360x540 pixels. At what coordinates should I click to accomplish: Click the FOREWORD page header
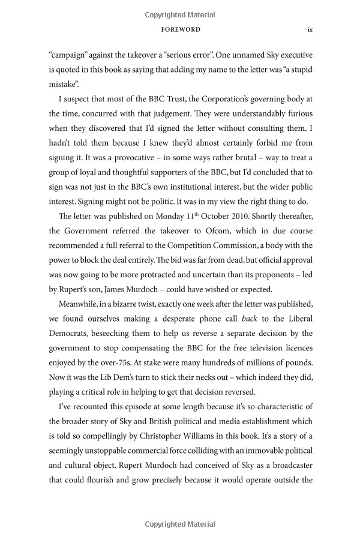pos(181,29)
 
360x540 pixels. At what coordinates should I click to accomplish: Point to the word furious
pos(297,113)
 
